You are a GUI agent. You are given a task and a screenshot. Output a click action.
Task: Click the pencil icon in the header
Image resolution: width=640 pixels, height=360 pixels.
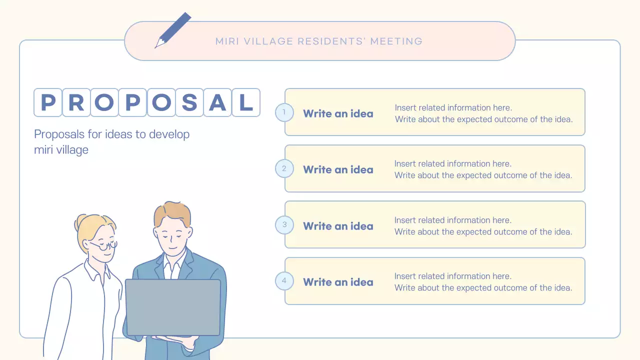[x=173, y=30]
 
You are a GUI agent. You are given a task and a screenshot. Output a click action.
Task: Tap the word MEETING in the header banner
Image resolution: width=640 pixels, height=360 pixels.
[x=396, y=41]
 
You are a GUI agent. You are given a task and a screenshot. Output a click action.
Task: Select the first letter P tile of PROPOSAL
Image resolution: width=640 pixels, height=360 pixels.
[x=48, y=102]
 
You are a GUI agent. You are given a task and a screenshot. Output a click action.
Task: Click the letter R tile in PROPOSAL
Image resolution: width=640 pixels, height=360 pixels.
[x=76, y=102]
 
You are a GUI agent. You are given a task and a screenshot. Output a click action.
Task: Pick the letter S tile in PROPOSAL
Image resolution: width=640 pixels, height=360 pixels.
[x=189, y=102]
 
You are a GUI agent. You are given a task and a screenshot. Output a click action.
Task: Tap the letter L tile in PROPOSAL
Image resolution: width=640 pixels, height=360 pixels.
[x=246, y=102]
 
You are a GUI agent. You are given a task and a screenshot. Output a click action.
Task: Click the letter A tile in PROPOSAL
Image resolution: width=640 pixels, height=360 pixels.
[x=218, y=102]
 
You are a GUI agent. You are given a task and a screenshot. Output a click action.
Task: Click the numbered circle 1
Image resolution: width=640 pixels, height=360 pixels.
[x=284, y=112]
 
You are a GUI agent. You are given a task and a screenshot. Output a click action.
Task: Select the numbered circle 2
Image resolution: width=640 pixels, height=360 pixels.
[x=284, y=168]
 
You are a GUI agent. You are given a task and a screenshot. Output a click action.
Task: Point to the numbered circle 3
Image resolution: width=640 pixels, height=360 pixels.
[x=284, y=224]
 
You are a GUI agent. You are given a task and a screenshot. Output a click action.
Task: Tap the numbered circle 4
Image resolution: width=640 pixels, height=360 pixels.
[x=284, y=280]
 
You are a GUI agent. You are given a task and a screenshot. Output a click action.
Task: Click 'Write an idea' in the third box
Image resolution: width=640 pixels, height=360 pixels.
[x=338, y=226]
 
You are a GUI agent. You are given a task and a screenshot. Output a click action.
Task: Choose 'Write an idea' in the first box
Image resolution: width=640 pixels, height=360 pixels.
[x=338, y=113]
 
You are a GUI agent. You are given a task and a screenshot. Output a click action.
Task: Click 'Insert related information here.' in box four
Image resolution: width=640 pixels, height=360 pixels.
[x=453, y=276]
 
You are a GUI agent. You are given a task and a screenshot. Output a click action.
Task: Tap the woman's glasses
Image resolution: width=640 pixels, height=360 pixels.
[x=105, y=245]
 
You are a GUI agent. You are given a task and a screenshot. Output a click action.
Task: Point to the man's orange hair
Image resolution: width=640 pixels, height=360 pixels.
[x=171, y=212]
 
